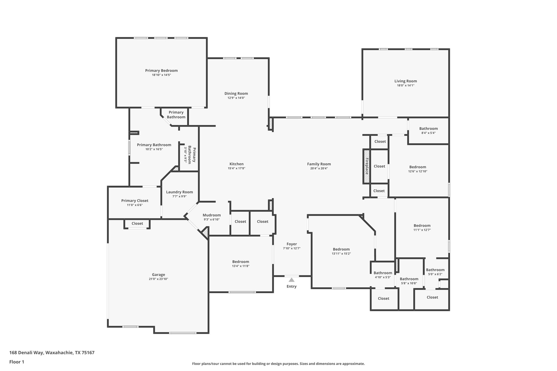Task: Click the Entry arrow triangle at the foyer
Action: (291, 280)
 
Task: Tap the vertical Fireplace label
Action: (367, 166)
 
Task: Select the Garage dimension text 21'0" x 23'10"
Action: (158, 279)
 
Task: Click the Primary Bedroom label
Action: (161, 70)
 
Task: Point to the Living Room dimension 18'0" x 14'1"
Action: (406, 85)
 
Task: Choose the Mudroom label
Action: (212, 215)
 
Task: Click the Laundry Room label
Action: (179, 192)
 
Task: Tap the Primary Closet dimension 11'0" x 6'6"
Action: (135, 205)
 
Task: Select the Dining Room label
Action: (236, 93)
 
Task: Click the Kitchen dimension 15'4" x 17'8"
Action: (236, 168)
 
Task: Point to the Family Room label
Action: (319, 164)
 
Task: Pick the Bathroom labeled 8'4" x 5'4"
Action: (428, 129)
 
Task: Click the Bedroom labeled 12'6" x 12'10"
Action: (417, 167)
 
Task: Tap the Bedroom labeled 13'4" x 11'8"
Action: (240, 262)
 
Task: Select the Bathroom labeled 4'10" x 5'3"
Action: (383, 273)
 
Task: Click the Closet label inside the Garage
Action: (137, 223)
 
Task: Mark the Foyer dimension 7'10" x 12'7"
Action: (292, 248)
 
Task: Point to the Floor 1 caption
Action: (17, 362)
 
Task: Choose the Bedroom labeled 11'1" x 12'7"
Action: (422, 225)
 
